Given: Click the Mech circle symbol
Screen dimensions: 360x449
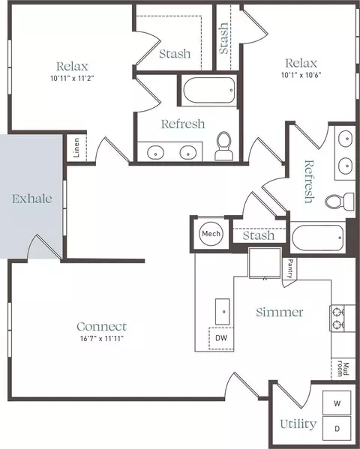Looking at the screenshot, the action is pos(211,234).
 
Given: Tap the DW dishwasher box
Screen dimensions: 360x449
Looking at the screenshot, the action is pos(221,338).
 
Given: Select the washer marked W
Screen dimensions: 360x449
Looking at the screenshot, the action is pos(337,403).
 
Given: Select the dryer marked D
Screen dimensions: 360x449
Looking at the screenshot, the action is pos(337,428).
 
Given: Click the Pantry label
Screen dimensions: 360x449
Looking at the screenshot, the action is pos(290,268).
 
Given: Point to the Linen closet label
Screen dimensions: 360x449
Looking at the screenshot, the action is pos(76,148).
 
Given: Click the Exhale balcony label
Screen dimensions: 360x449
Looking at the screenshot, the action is pos(32,199).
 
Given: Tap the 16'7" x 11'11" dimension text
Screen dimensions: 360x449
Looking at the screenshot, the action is pos(102,339).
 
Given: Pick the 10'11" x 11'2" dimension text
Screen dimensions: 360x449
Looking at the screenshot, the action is pos(72,78).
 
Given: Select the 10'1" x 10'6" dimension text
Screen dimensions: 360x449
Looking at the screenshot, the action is pos(301,75).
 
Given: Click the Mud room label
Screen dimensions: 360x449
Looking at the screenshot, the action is pos(343,370).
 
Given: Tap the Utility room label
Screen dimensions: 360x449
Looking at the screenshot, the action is pos(298,424).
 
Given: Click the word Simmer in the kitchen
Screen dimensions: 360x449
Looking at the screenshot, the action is pos(280,312).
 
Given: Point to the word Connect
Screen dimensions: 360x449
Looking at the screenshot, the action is pos(102,326).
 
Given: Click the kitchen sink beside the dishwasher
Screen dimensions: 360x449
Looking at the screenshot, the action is pos(223,312).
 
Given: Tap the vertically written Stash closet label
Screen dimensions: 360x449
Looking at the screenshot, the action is pos(223,38).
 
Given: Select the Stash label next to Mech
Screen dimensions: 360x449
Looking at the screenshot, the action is pos(259,235).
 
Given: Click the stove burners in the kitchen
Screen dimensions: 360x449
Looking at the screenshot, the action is pos(337,318).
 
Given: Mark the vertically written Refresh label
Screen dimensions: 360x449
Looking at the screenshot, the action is pos(309,181).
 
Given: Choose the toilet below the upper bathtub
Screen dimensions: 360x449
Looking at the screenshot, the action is pos(223,145).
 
